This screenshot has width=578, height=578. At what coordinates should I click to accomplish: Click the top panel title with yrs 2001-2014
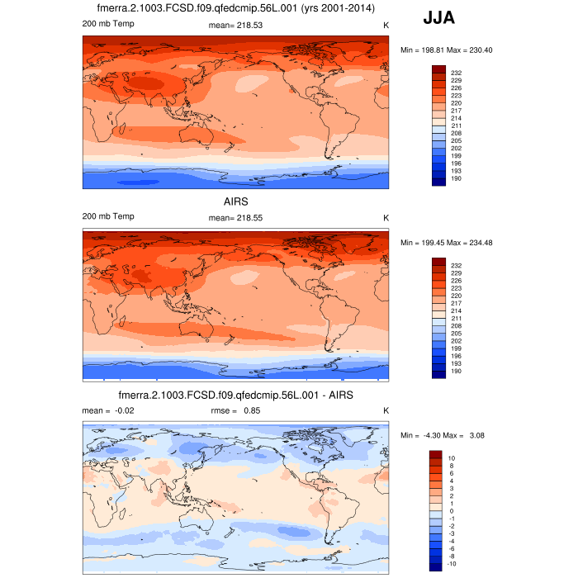coord(235,9)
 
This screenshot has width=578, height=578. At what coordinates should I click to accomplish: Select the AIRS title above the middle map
coord(235,201)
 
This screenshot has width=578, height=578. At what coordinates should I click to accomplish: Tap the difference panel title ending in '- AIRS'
coord(235,396)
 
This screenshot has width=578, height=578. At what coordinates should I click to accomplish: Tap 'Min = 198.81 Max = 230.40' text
coord(447,50)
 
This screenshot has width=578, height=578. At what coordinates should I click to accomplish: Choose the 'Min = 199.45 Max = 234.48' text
coord(447,243)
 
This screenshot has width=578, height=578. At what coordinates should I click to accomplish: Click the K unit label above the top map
coord(386,25)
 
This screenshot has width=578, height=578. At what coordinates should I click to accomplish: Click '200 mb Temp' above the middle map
coord(108,216)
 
